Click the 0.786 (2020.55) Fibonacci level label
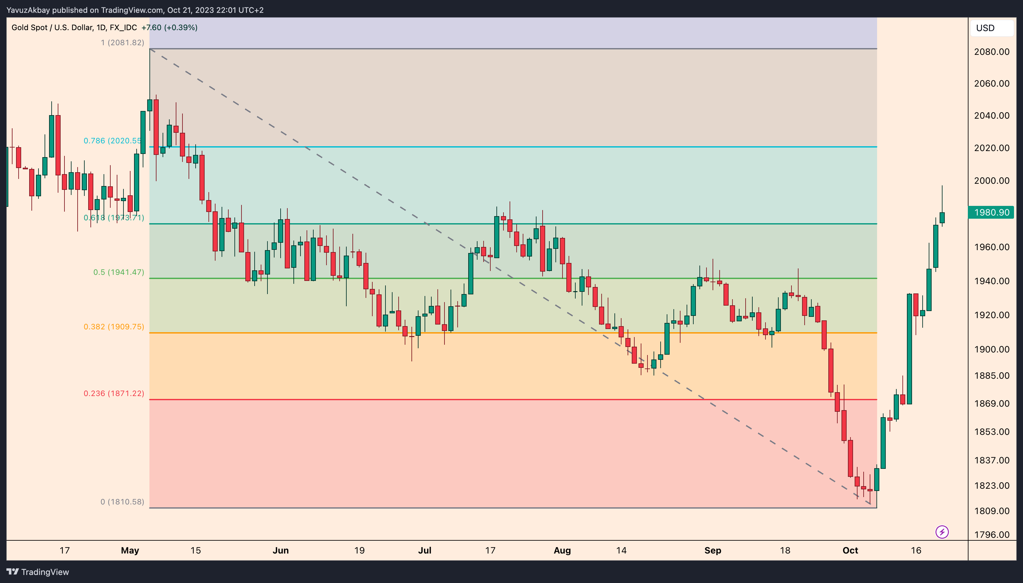pos(113,140)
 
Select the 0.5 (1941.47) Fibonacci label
pos(119,272)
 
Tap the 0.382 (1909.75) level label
pos(114,327)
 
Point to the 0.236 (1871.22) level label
pos(114,393)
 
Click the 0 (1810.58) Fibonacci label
pos(122,502)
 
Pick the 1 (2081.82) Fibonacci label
pos(122,42)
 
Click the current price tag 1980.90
pos(991,212)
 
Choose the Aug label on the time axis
pos(562,551)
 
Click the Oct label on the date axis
pos(850,551)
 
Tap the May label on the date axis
pos(130,551)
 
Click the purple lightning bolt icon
pos(942,532)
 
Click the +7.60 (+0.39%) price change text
pos(169,28)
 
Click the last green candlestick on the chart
pos(942,218)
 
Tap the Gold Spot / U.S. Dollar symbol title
pos(52,28)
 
